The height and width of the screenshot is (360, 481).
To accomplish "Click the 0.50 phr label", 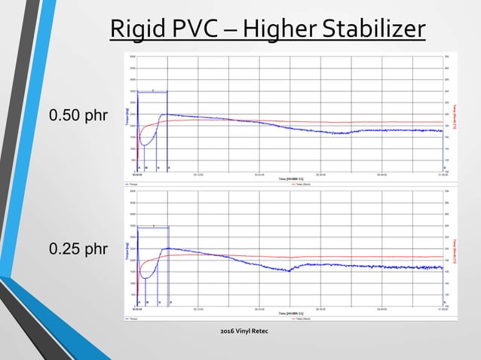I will tap(78, 116).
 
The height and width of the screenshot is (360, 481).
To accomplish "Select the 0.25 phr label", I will tap(78, 248).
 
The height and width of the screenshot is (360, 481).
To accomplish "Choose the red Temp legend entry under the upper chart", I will tap(299, 184).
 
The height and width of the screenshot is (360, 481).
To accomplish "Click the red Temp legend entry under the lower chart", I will tap(299, 319).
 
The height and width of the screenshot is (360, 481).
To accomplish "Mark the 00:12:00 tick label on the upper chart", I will tap(199, 174).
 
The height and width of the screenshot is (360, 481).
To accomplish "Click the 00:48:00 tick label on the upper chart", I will tap(381, 174).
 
